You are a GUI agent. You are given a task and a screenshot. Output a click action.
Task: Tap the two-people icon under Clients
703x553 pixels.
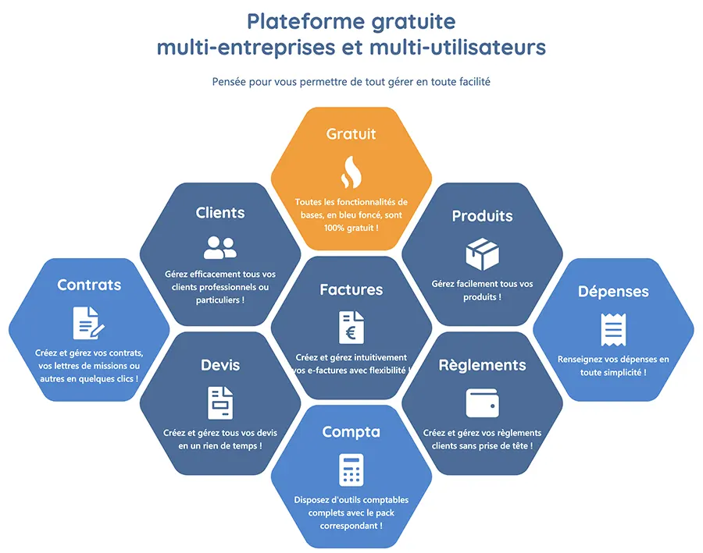219,247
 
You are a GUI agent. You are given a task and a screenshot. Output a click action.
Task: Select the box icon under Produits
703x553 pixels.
482,253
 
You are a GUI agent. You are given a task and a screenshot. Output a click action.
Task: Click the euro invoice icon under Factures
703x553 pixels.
351,326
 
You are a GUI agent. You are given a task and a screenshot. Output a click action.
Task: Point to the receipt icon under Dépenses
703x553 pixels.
613,329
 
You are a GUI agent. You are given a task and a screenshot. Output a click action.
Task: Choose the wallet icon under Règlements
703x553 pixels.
482,402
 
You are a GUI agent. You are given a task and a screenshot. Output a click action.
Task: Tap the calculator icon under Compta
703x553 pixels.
351,470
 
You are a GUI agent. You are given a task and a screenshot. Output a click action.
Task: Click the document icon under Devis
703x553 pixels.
219,402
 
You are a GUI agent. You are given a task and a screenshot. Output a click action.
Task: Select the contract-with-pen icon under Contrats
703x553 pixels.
88,322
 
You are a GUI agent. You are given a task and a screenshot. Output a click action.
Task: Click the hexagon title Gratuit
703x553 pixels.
351,134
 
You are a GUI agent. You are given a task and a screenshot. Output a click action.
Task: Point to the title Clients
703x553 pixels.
219,213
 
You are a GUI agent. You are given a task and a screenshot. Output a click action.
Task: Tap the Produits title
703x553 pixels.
482,216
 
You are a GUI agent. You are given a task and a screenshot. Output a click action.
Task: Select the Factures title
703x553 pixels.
351,289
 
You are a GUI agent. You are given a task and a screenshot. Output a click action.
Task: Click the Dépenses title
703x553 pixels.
613,292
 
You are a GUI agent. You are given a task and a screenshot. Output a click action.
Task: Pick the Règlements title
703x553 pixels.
482,365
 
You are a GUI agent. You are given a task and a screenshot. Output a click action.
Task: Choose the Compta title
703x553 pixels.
351,431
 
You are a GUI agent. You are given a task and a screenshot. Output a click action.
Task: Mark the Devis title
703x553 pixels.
219,365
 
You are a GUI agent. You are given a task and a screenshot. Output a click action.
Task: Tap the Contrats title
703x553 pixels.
88,285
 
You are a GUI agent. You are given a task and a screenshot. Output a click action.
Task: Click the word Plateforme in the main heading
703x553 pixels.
293,20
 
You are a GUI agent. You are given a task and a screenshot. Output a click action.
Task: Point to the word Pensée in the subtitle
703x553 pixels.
229,81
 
